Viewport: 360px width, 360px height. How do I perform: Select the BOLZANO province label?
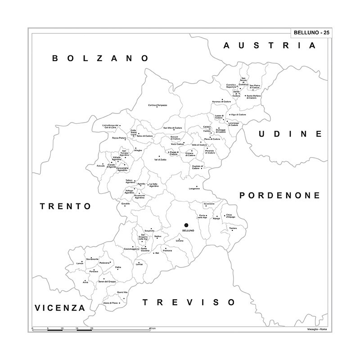100,58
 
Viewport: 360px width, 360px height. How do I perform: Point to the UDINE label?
290,134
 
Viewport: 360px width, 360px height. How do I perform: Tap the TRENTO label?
66,206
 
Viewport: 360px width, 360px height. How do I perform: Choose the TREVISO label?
189,302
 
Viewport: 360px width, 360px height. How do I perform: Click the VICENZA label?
60,308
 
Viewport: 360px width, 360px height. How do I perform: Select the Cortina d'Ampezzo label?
157,105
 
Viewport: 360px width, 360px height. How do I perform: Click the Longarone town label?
194,189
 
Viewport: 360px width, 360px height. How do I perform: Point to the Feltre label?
118,268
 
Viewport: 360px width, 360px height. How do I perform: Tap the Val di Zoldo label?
160,160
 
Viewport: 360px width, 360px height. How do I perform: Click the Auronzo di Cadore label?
225,102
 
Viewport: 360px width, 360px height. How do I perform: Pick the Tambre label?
233,229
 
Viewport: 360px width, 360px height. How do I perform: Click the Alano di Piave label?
110,303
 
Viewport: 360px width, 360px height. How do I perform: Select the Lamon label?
81,263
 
